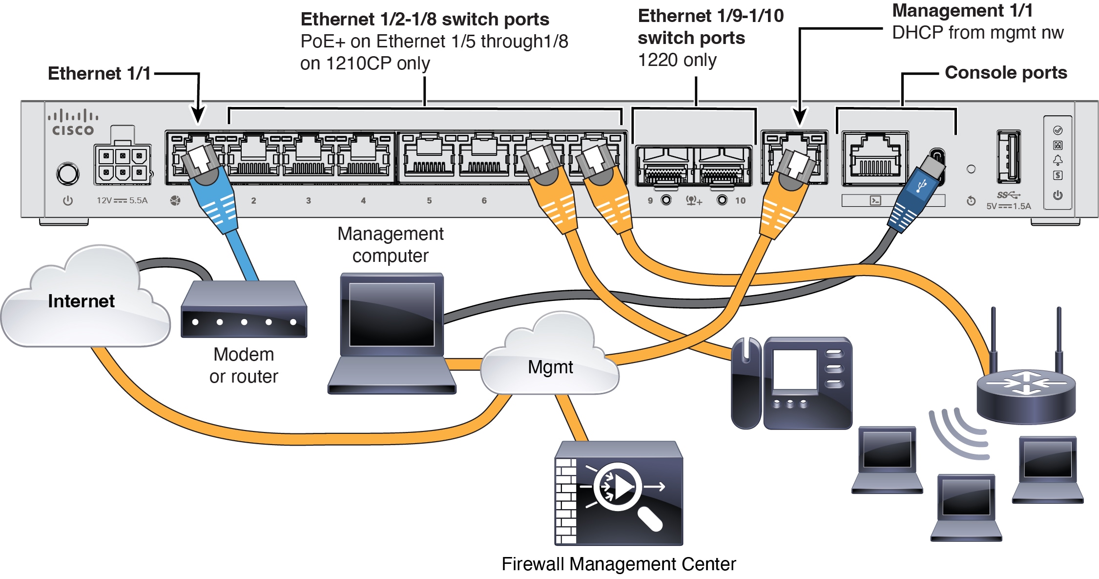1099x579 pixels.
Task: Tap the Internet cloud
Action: click(x=82, y=301)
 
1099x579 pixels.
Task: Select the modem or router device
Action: click(x=244, y=310)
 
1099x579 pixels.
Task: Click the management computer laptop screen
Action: click(x=392, y=314)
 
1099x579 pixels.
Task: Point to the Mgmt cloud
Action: click(x=550, y=366)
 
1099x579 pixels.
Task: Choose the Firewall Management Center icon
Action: click(x=619, y=493)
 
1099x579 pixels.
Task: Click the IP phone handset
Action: click(x=746, y=384)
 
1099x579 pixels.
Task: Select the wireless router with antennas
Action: click(x=1026, y=391)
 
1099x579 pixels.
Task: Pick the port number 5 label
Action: click(x=429, y=200)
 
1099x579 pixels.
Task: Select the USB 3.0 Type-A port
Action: click(x=1008, y=156)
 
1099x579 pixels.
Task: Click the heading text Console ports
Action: click(x=1006, y=73)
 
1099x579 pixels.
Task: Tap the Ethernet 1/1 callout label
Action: click(x=99, y=73)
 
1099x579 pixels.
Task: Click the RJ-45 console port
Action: click(x=875, y=158)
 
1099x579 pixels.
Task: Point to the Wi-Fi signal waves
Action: click(x=957, y=432)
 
